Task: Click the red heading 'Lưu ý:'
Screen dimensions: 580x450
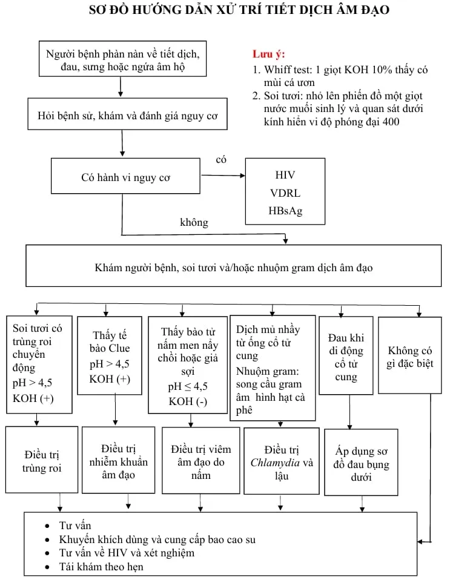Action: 269,54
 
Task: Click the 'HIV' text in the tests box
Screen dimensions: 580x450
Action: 285,175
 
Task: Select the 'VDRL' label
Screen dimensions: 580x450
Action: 285,193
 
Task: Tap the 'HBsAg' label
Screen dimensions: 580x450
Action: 285,211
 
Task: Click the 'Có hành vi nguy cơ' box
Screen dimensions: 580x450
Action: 125,177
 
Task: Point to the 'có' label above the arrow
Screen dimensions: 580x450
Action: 221,159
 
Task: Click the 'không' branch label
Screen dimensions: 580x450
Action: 194,222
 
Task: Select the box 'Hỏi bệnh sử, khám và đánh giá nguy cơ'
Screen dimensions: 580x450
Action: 128,116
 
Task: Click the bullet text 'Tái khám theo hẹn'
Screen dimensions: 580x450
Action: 101,567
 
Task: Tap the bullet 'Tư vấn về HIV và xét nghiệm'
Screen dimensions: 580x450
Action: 127,553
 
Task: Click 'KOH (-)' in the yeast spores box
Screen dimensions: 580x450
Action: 188,401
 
